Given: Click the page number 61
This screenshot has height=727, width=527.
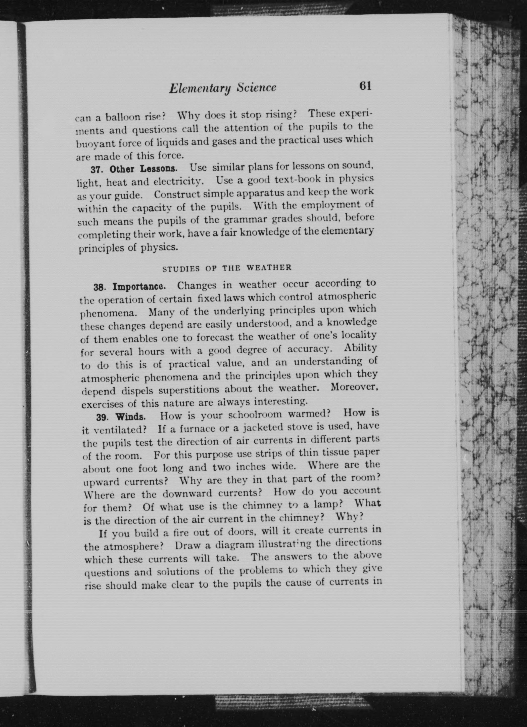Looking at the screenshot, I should point(365,86).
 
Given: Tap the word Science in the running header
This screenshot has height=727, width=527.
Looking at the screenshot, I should point(256,88).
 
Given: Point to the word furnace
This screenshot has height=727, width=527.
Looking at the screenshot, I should point(197,429).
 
